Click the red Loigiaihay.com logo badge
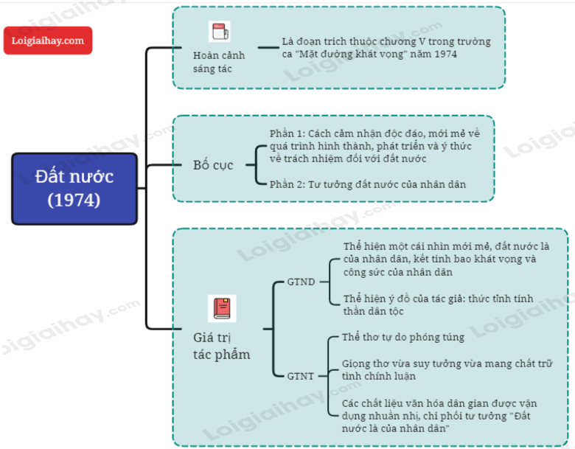48,41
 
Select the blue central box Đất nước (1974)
74,188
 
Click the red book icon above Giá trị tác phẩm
222,307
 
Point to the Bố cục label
213,164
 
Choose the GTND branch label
301,282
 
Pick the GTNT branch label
301,376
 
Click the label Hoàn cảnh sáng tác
219,62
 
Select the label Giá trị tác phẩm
221,346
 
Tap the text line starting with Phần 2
368,184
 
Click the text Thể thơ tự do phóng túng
404,337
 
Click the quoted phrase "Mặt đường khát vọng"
351,55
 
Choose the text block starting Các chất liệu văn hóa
439,415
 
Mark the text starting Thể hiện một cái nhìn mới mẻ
445,259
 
